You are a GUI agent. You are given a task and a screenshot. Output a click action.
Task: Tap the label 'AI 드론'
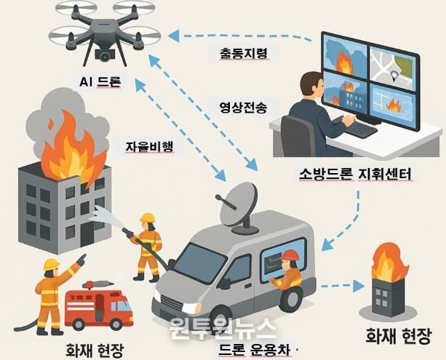pos(100,82)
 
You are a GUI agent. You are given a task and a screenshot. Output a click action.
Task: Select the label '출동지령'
pos(244,53)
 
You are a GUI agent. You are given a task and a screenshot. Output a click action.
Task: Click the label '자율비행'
pos(150,146)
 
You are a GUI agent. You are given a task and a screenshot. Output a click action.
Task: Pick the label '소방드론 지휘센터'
pos(355,174)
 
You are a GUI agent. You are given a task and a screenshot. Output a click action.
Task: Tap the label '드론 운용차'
pos(255,350)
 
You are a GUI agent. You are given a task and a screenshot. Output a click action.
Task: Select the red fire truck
pos(99,305)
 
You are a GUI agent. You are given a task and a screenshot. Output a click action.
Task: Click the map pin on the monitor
pos(394,76)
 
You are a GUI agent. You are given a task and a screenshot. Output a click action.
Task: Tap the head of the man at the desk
pos(311,86)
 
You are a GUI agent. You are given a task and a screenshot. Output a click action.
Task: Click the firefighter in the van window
pos(288,269)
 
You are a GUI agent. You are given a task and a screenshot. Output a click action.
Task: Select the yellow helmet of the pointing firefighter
pos(52,264)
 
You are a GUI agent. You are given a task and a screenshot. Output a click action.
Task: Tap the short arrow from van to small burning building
pos(343,286)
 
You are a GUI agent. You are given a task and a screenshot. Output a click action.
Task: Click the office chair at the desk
pos(298,137)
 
